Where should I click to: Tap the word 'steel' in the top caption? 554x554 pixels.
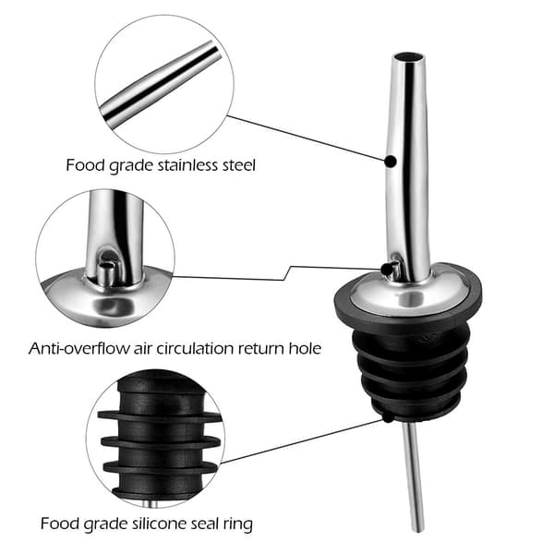pos(238,165)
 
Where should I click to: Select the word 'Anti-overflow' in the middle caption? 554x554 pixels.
pos(78,348)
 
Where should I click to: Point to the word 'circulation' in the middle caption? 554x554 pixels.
pos(195,348)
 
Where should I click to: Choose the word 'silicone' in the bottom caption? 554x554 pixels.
pos(161,524)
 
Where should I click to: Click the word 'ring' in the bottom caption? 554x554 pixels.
pos(238,524)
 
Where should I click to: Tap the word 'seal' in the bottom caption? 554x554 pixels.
pos(206,524)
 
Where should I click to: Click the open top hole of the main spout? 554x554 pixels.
pos(406,57)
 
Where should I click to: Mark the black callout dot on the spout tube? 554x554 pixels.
pos(391,162)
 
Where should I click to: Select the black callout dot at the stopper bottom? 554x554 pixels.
pos(388,417)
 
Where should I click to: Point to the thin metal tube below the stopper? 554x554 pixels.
pos(414,477)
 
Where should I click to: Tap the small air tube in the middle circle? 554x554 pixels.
pos(105,271)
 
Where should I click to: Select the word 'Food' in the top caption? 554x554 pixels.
pos(83,165)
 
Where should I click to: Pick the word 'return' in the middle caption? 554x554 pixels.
pos(260,348)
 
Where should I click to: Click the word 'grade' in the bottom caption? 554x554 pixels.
pos(107,524)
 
